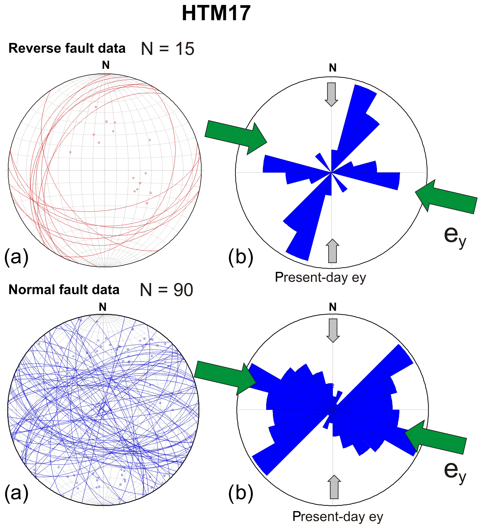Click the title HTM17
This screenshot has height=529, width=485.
(216, 13)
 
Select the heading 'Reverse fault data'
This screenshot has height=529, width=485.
(67, 48)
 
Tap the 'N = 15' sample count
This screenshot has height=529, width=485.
(167, 49)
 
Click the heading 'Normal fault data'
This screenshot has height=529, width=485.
(64, 290)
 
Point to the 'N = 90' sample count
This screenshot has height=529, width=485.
(166, 290)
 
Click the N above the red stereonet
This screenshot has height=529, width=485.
(106, 65)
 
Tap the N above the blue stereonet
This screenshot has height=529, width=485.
(102, 307)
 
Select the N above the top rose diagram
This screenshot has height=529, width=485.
(333, 68)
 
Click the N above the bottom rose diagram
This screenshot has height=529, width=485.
(333, 307)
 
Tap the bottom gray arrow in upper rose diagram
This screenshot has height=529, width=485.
(332, 251)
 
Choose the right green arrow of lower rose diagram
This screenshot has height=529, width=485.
(436, 436)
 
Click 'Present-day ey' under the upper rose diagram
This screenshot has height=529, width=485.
(320, 277)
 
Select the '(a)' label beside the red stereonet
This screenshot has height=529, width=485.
(16, 257)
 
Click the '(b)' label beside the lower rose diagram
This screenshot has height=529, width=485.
(240, 493)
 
